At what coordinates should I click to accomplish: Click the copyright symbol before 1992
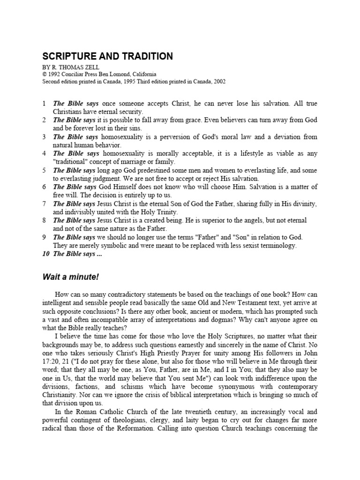coord(44,74)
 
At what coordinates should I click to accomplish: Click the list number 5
coord(44,170)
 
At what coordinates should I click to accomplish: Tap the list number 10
coord(45,255)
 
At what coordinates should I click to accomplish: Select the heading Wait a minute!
coord(71,277)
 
